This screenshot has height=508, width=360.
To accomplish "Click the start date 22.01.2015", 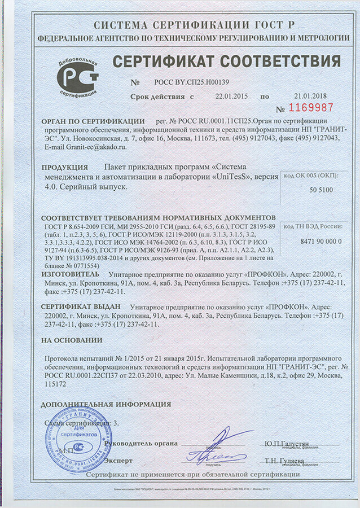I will coord(232,97).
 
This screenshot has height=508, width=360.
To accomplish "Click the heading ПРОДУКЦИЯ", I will coord(65,168).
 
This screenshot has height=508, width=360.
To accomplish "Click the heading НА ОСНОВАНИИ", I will coord(72,340).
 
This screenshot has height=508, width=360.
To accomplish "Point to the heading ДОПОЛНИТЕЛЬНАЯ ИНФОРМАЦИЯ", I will coord(106,404).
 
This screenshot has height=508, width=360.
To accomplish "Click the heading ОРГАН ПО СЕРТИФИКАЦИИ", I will coord(93,122).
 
